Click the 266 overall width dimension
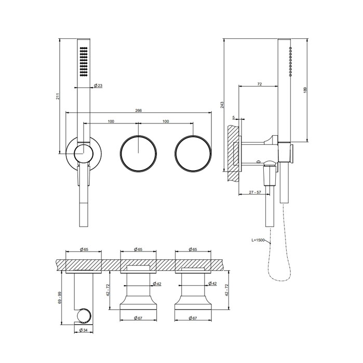pos(138,110)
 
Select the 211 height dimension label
pos(58,96)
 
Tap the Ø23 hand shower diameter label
pos(98,86)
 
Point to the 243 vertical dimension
pos(222,105)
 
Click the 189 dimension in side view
pos(305,90)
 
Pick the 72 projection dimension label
pos(259,84)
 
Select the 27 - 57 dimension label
pos(255,192)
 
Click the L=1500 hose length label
pos(258,240)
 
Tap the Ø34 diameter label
pos(84,330)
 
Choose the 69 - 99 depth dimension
pos(60,298)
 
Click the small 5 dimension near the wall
pos(234,118)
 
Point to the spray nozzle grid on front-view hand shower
pos(84,62)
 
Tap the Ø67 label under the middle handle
pos(138,318)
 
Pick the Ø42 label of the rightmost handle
pos(212,283)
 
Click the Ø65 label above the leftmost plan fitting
pos(84,249)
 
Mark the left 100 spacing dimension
pos(111,121)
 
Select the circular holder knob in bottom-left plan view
pos(84,315)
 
